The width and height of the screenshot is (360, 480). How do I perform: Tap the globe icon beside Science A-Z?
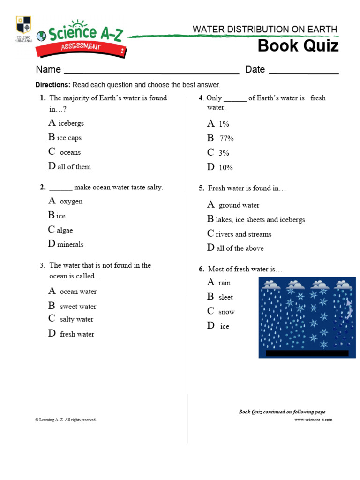click(x=42, y=36)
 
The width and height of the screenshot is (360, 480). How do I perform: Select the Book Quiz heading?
click(x=298, y=46)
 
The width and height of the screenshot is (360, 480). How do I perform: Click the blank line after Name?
click(x=151, y=71)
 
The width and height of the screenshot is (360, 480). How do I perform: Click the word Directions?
click(x=52, y=85)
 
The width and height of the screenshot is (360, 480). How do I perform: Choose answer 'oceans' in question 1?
click(x=70, y=152)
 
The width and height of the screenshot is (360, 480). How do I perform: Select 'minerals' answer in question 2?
click(x=70, y=244)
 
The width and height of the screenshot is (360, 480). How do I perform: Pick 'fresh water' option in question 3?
click(x=77, y=334)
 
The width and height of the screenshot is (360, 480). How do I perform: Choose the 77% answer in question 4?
click(x=226, y=138)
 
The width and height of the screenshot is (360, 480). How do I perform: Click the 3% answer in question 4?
click(x=224, y=153)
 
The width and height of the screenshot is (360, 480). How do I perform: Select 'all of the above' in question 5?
click(x=240, y=248)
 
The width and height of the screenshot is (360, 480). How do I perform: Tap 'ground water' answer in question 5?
click(x=239, y=205)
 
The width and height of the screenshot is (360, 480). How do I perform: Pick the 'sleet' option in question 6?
click(x=225, y=297)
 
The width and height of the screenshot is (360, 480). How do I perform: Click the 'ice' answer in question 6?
click(x=225, y=326)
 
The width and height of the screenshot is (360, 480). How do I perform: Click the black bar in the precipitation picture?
click(x=307, y=353)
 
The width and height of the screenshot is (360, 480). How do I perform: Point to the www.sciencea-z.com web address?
click(x=313, y=420)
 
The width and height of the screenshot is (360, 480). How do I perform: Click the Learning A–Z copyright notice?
click(x=66, y=420)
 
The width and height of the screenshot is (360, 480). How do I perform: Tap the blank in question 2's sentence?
click(x=61, y=187)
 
